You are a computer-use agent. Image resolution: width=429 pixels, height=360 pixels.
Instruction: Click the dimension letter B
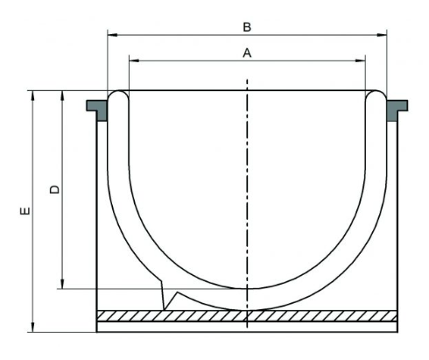(247, 27)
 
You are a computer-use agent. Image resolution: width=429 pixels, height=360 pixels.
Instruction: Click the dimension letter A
(247, 53)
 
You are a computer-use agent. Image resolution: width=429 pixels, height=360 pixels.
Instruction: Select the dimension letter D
(54, 189)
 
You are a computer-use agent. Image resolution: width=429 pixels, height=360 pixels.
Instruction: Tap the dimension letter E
(25, 211)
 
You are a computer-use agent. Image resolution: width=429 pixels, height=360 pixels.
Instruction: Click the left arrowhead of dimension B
(112, 35)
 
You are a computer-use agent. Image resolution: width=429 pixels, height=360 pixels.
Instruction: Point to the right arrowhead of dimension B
(382, 35)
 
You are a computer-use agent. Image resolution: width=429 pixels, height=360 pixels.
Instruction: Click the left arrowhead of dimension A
(134, 60)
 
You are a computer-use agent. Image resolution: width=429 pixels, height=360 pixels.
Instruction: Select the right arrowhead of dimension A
(360, 60)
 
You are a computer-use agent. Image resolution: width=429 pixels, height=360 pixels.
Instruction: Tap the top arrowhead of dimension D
(62, 95)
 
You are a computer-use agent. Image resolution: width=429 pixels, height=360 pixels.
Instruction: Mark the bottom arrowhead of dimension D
(62, 284)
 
